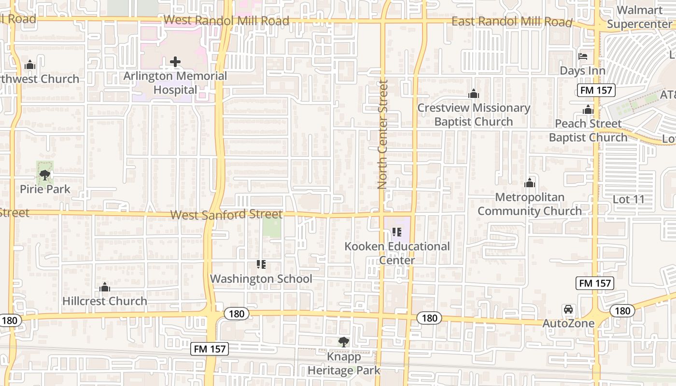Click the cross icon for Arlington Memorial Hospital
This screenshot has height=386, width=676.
pos(175,62)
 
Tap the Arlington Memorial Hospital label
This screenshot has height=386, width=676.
pos(175,83)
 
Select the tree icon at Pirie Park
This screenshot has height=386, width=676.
pos(45,175)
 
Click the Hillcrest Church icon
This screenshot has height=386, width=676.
pos(105,288)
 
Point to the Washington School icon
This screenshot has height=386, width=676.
pos(261,264)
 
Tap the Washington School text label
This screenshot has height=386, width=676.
pos(261,279)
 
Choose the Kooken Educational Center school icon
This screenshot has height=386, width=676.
pos(397,232)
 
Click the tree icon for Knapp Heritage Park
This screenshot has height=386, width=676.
pos(343,342)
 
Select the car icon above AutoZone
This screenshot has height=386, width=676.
pos(568,309)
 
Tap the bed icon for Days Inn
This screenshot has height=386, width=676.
pos(583,56)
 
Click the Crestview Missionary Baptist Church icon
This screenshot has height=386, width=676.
pos(474,94)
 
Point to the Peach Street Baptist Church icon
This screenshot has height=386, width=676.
pos(588,110)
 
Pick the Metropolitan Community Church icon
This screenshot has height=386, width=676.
pos(530,183)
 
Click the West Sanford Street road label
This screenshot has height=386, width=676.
pos(226,214)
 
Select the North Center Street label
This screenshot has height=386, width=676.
pos(383,135)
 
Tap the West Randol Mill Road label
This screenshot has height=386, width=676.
pos(226,21)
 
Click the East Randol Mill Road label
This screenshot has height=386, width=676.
pos(512,22)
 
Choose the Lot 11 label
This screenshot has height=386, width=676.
pos(628,199)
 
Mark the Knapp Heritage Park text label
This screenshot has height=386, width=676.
pos(344,364)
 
